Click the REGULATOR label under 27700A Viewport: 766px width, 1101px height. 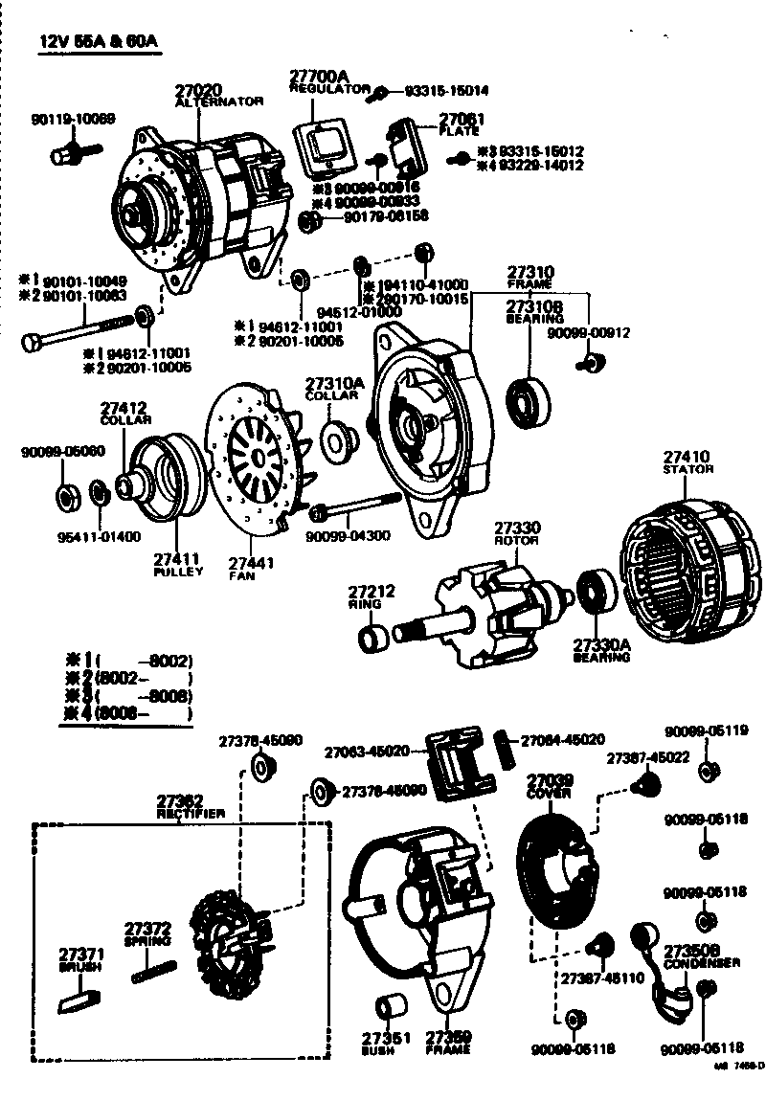pos(329,88)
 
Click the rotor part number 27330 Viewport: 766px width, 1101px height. pos(517,528)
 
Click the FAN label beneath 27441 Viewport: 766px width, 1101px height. pos(241,576)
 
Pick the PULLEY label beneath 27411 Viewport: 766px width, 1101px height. pos(179,572)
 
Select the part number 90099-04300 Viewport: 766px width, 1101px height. pos(348,535)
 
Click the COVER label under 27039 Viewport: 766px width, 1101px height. pos(550,794)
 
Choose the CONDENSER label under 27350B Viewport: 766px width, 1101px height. pos(701,962)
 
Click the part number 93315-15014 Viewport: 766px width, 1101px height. pos(446,92)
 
